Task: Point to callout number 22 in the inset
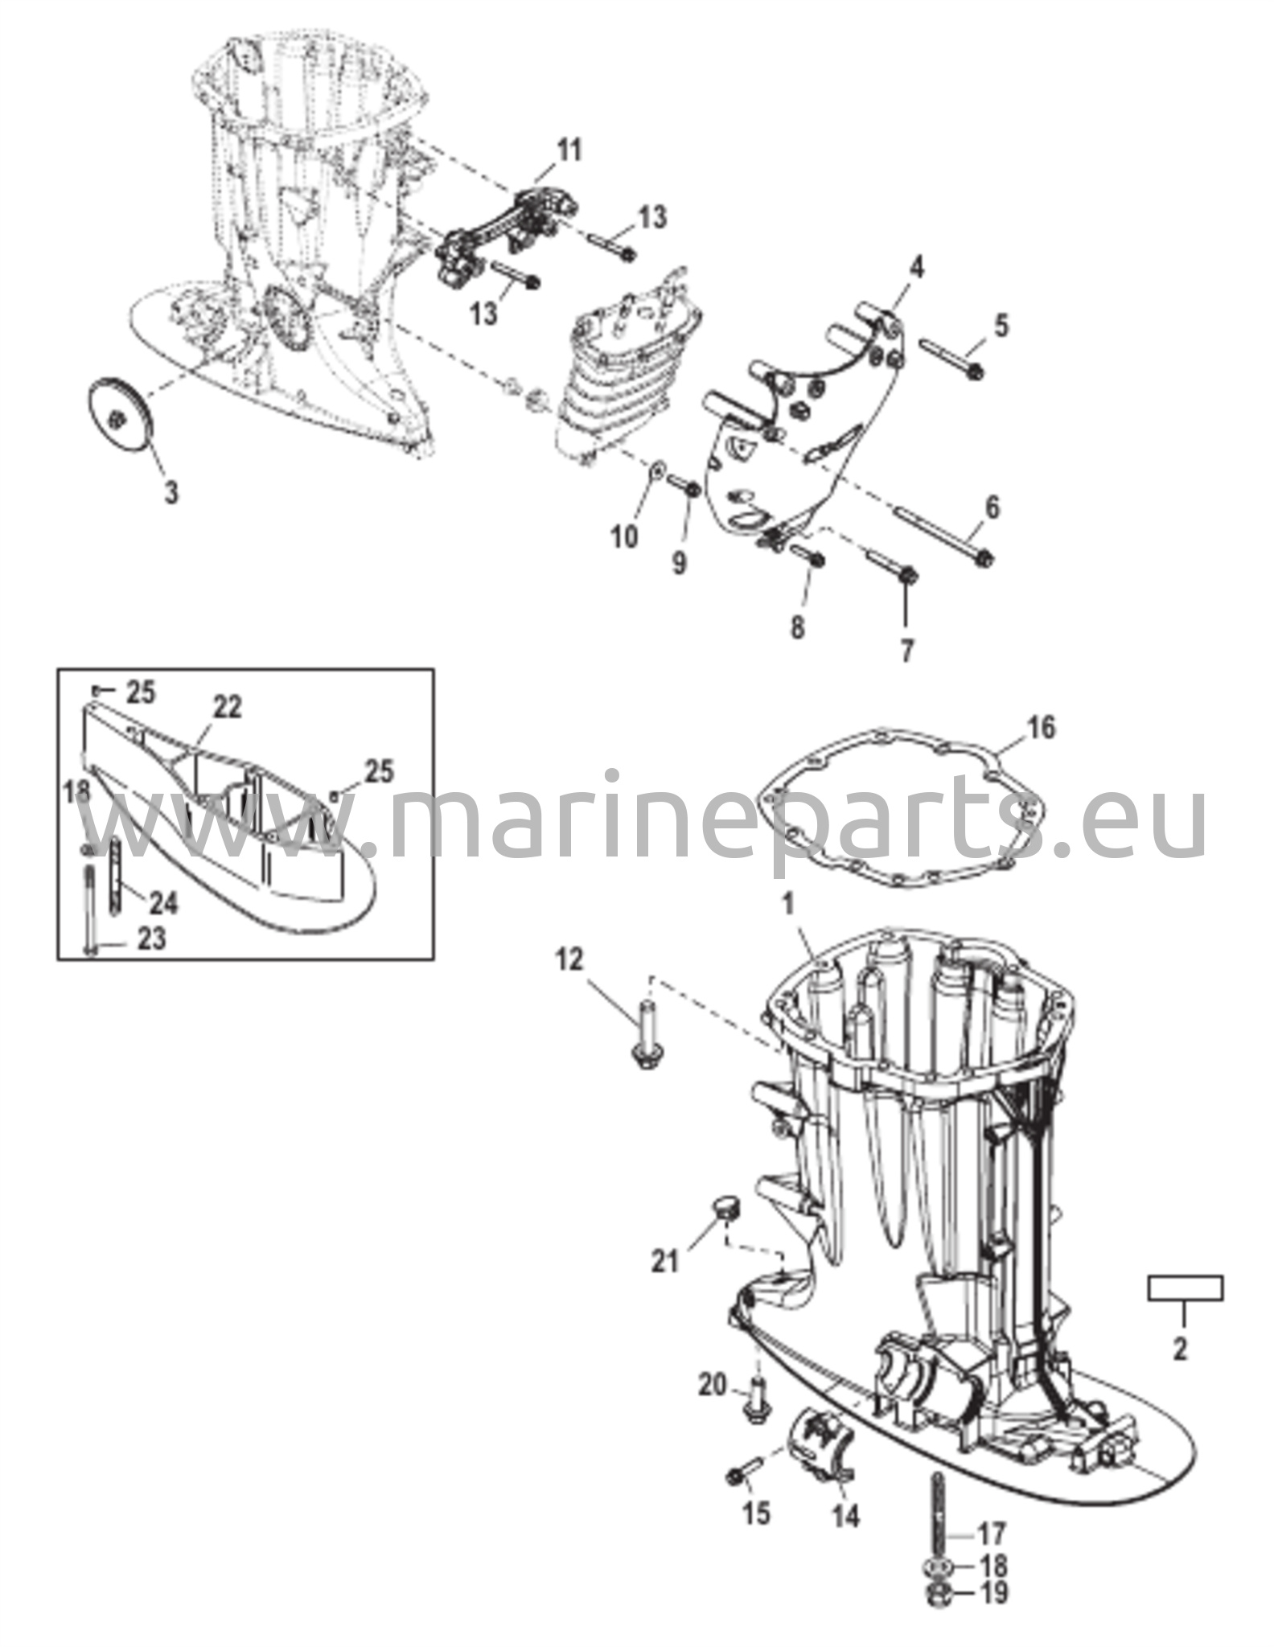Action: (227, 708)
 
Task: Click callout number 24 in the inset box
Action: (163, 902)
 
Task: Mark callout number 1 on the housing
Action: (788, 905)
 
